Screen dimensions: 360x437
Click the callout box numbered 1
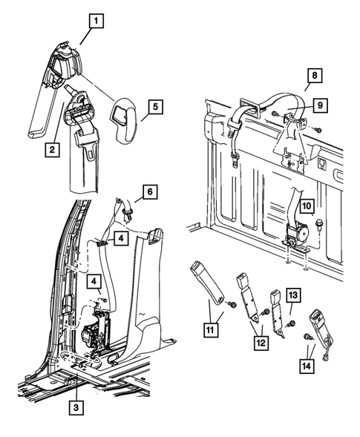pyautogui.click(x=96, y=21)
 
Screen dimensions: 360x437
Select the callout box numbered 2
pyautogui.click(x=52, y=150)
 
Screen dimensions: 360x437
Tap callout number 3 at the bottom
pyautogui.click(x=76, y=408)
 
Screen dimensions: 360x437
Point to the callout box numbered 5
pyautogui.click(x=155, y=106)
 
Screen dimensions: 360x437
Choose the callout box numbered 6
pyautogui.click(x=150, y=191)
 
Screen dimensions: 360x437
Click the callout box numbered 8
pyautogui.click(x=315, y=76)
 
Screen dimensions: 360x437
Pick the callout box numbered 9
pyautogui.click(x=320, y=105)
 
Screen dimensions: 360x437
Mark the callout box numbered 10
pyautogui.click(x=307, y=206)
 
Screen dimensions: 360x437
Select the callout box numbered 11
pyautogui.click(x=211, y=329)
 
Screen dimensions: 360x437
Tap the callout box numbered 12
pyautogui.click(x=261, y=343)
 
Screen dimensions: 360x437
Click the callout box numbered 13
pyautogui.click(x=293, y=295)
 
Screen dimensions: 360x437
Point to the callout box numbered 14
pyautogui.click(x=307, y=365)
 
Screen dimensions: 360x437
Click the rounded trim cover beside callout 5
pyautogui.click(x=122, y=120)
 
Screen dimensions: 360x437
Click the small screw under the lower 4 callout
pyautogui.click(x=105, y=300)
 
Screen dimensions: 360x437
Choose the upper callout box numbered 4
pyautogui.click(x=121, y=238)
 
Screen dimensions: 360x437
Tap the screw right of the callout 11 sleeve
pyautogui.click(x=232, y=305)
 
